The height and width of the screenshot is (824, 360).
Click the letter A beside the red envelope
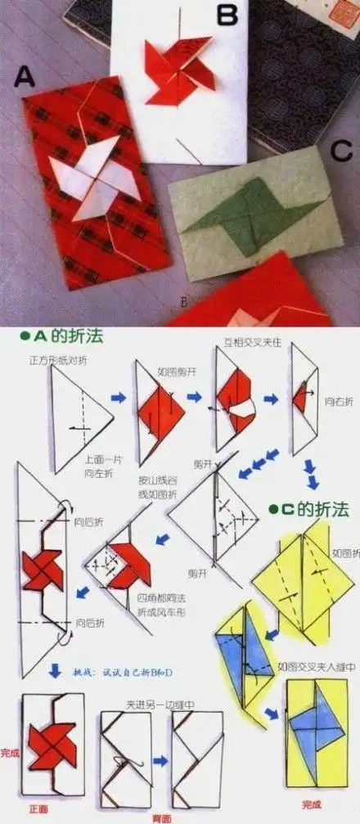(25, 79)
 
